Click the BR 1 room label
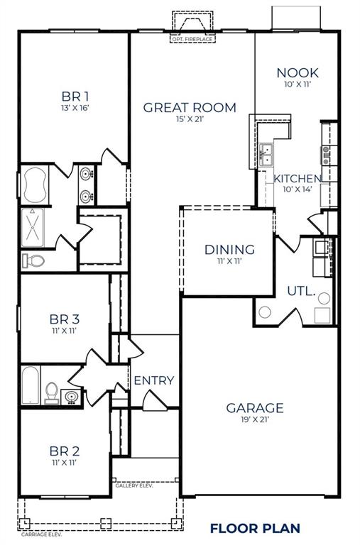coord(74,95)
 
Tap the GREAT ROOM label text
coord(190,108)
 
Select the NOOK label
coord(298,73)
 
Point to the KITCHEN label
coord(298,179)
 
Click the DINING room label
coord(229,250)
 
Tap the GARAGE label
coord(254,407)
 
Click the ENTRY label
coord(153,380)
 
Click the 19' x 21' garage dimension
coord(254,419)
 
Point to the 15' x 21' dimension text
coord(190,120)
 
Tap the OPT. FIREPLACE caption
coord(192,39)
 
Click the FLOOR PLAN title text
coord(255,528)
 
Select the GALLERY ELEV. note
coord(134,486)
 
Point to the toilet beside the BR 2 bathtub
coord(50,390)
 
